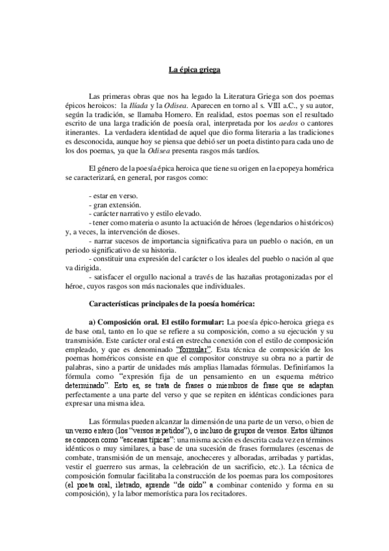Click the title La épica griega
(195, 70)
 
